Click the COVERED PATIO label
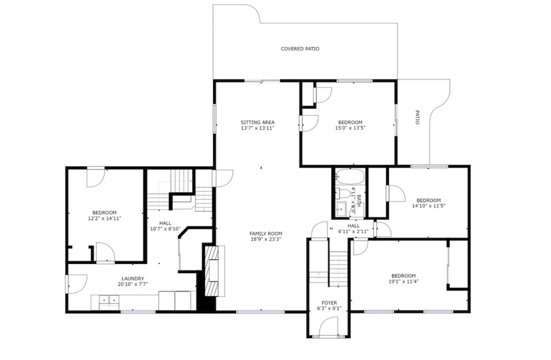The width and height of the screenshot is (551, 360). [300, 49]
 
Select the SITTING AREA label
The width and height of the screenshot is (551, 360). [257, 122]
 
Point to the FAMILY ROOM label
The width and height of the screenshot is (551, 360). [265, 233]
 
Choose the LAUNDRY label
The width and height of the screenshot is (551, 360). [132, 279]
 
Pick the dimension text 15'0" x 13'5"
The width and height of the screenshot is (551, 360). [350, 128]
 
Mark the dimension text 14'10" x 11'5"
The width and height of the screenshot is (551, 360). [429, 206]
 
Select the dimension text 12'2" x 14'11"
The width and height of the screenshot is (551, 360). [104, 218]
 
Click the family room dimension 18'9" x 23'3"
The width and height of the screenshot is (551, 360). [265, 239]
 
